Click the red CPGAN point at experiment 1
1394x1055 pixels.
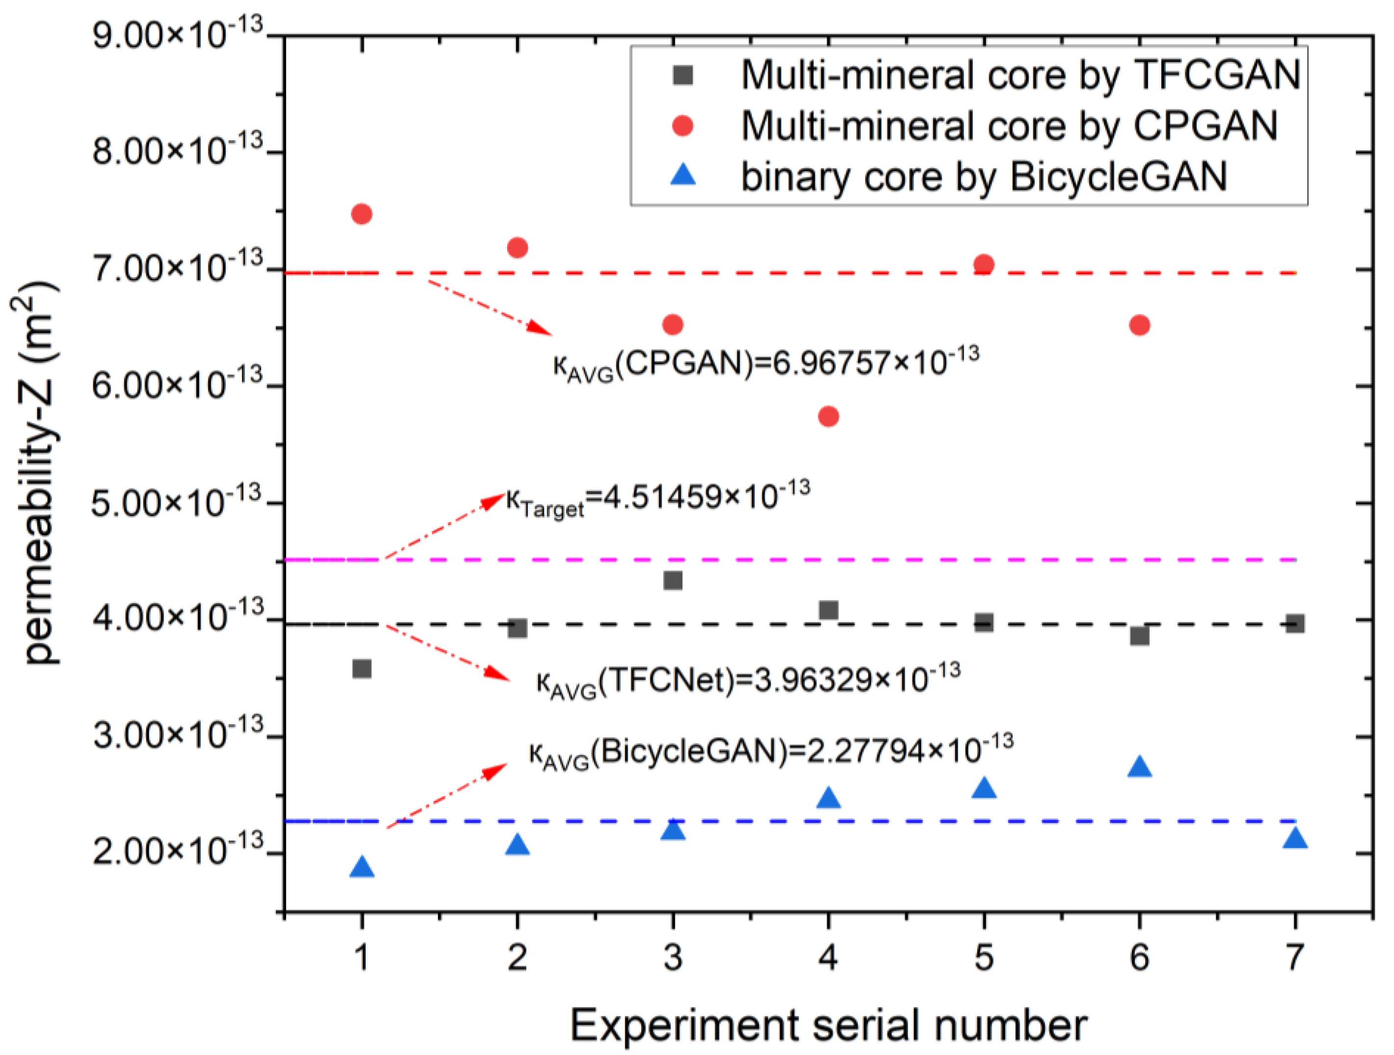pyautogui.click(x=361, y=214)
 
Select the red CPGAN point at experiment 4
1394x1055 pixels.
pyautogui.click(x=828, y=416)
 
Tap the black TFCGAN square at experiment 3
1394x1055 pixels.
pyautogui.click(x=672, y=580)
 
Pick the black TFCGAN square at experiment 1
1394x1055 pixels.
pyautogui.click(x=361, y=668)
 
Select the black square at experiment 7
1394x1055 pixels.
pyautogui.click(x=1294, y=624)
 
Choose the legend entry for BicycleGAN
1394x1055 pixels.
pyautogui.click(x=983, y=176)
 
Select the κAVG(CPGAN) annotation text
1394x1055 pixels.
pyautogui.click(x=766, y=364)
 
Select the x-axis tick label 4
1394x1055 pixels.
pyautogui.click(x=828, y=957)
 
